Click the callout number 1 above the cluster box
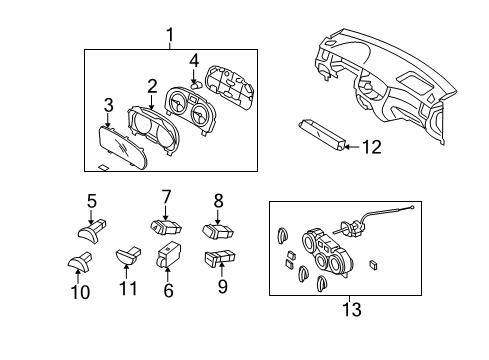tap(170, 35)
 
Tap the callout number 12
tap(372, 147)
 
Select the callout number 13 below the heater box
tap(352, 309)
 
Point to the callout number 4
tap(194, 61)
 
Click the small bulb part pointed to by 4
tap(196, 86)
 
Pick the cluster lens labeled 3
tap(123, 149)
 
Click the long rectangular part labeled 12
tap(321, 135)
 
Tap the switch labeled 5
tap(92, 230)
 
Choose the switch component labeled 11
tap(128, 256)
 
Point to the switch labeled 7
tap(166, 227)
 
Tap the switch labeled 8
tap(218, 231)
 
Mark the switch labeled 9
tap(220, 259)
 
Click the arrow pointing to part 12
tap(351, 147)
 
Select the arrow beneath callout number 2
tap(152, 102)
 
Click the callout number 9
tap(223, 286)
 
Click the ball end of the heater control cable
tap(413, 208)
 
